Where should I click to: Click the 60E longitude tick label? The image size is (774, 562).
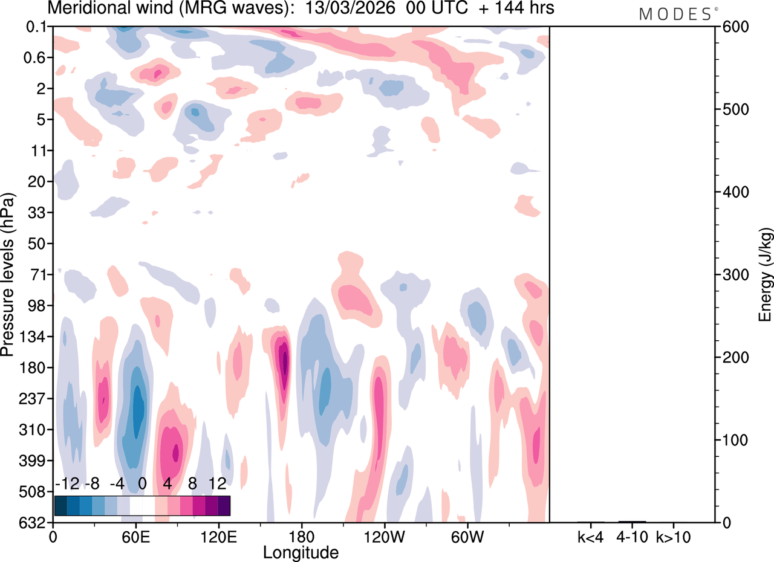(135, 536)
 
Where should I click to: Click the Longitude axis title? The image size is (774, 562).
(301, 552)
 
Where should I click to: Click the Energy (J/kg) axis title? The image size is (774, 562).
(765, 275)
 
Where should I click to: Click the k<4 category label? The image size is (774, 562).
(590, 536)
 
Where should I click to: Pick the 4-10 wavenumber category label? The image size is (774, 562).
(632, 536)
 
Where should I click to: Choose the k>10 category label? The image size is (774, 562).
(674, 536)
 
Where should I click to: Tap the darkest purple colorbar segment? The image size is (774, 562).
(224, 505)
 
